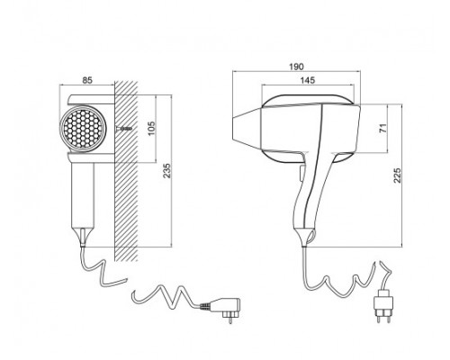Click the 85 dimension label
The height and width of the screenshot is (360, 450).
[87, 80]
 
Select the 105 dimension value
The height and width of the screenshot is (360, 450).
[152, 129]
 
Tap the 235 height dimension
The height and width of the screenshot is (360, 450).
[166, 171]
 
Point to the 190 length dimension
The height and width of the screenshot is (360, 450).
[296, 67]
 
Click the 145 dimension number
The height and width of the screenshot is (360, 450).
[308, 80]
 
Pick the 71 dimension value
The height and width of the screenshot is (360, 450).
[382, 128]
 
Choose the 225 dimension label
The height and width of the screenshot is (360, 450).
[397, 175]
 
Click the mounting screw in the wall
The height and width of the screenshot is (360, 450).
[124, 129]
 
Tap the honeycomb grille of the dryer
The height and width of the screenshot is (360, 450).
[83, 129]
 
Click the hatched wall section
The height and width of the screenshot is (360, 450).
[126, 171]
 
